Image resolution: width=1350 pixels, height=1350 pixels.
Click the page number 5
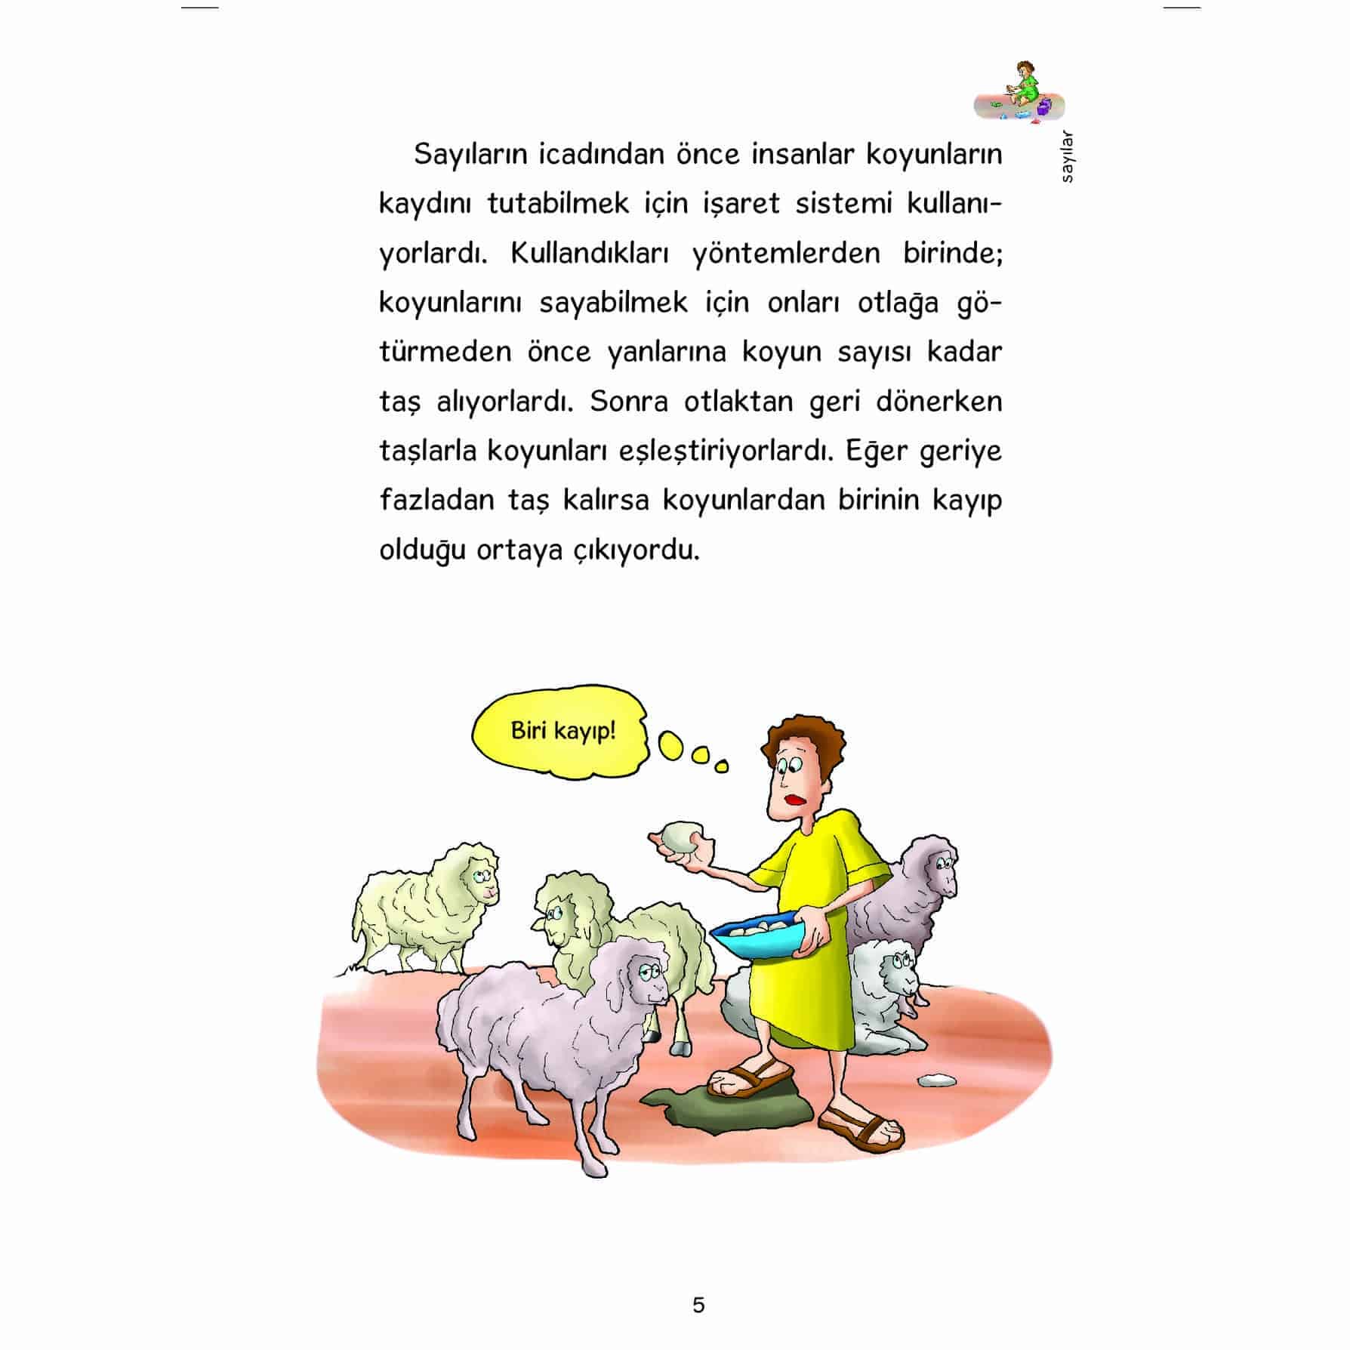pos(698,1305)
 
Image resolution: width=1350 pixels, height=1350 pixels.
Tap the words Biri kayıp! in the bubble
pos(563,731)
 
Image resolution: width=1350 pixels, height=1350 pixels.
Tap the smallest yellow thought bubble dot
pos(722,767)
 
